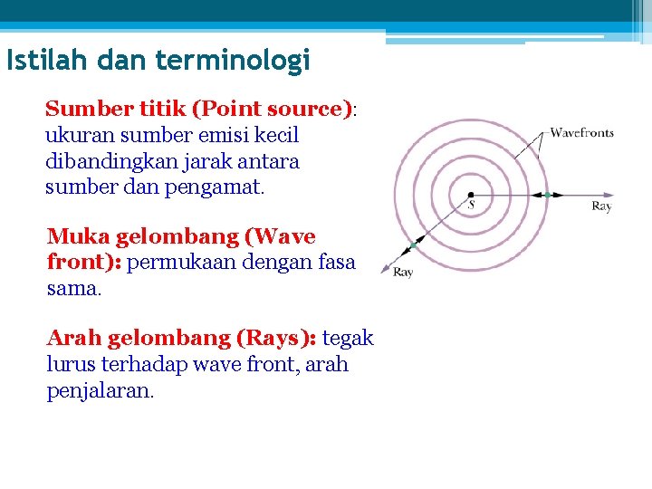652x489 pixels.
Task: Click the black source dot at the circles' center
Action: pyautogui.click(x=470, y=194)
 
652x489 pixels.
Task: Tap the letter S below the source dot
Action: pyautogui.click(x=471, y=206)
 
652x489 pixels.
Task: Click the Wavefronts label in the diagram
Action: pyautogui.click(x=581, y=132)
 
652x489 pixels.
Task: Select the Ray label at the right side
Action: pyautogui.click(x=601, y=206)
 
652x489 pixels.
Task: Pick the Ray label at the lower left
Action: pyautogui.click(x=403, y=272)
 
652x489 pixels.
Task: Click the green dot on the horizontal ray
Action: pyautogui.click(x=547, y=194)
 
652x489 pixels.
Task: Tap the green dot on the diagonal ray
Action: pyautogui.click(x=413, y=245)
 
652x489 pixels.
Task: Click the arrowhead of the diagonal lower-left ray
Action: pyautogui.click(x=386, y=268)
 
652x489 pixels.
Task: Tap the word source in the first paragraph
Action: pyautogui.click(x=306, y=110)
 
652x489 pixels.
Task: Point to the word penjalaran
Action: pyautogui.click(x=101, y=390)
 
